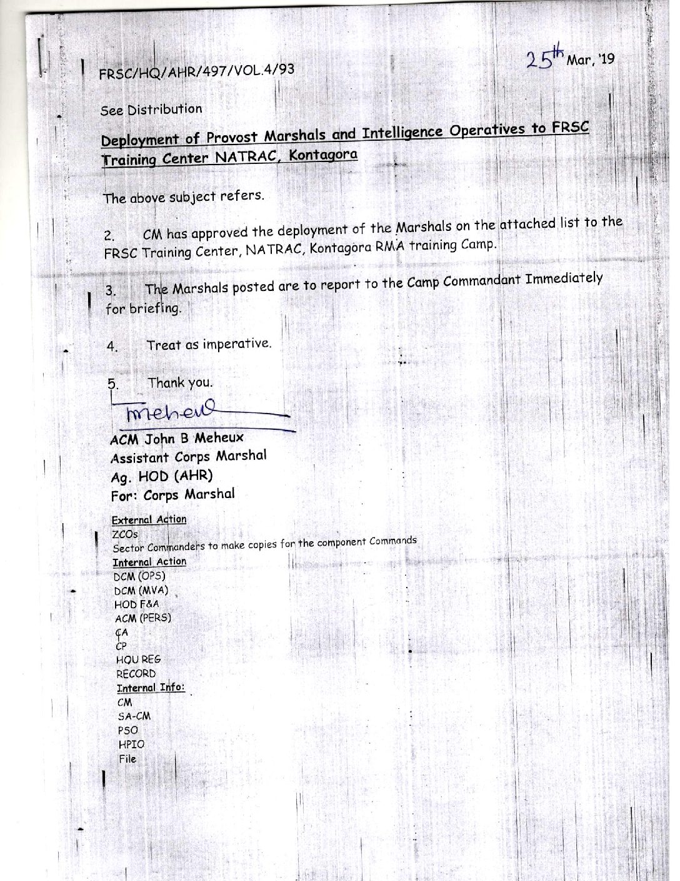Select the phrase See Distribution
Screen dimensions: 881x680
pyautogui.click(x=151, y=110)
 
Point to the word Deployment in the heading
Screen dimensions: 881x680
pyautogui.click(x=140, y=140)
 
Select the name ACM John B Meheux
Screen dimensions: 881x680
pyautogui.click(x=177, y=438)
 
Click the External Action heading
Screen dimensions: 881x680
pyautogui.click(x=149, y=519)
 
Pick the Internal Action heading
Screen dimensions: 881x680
pyautogui.click(x=149, y=561)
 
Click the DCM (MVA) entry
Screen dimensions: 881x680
pyautogui.click(x=141, y=590)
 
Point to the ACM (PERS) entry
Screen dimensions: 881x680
pyautogui.click(x=143, y=618)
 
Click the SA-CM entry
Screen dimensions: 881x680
pyautogui.click(x=134, y=716)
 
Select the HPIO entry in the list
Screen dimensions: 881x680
pyautogui.click(x=131, y=745)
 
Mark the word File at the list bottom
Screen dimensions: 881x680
pyautogui.click(x=127, y=759)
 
